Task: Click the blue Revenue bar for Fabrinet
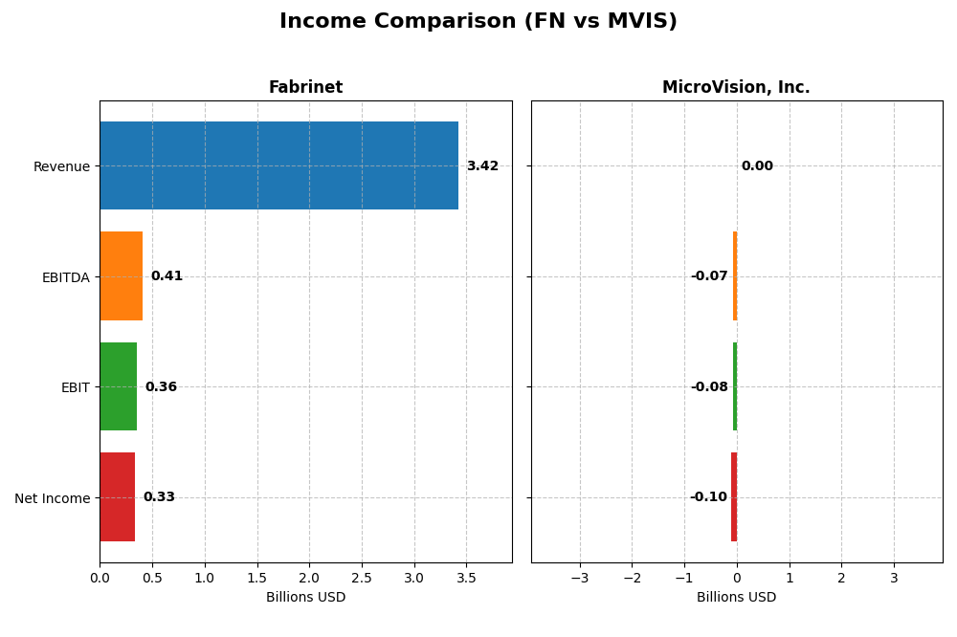click(x=278, y=165)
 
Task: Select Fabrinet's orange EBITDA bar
click(x=122, y=275)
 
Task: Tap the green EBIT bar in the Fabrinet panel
click(x=119, y=386)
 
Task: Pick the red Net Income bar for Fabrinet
click(x=118, y=496)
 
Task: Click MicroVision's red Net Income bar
click(x=734, y=496)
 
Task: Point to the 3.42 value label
click(x=482, y=166)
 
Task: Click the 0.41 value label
click(x=167, y=276)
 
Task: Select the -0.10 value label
click(x=708, y=497)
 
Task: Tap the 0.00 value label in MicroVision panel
click(x=757, y=166)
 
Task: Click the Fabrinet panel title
click(x=305, y=88)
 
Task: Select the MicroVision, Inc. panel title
click(x=736, y=88)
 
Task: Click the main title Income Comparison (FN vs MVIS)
click(x=478, y=22)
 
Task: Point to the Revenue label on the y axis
click(x=61, y=167)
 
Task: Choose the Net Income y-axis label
click(x=53, y=498)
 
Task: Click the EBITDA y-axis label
click(x=66, y=277)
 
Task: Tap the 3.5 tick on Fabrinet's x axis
click(x=466, y=579)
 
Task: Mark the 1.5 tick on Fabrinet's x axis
click(x=256, y=579)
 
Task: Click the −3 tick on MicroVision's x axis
click(x=579, y=579)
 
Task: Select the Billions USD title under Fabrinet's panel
click(x=305, y=598)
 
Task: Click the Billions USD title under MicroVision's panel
click(x=736, y=598)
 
